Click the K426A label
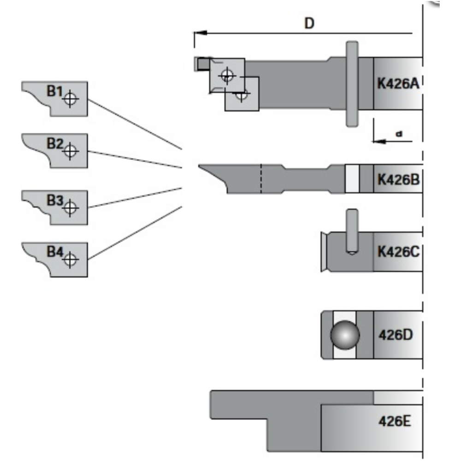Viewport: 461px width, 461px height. click(x=398, y=84)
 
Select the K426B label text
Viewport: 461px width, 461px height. click(x=398, y=179)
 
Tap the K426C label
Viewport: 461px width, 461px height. click(x=398, y=252)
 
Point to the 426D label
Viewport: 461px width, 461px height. click(x=397, y=335)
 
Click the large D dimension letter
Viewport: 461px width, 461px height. click(x=309, y=24)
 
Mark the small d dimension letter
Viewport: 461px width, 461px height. click(x=399, y=134)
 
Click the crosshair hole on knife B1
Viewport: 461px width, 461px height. click(x=70, y=99)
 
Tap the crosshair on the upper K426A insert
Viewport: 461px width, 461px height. click(x=227, y=75)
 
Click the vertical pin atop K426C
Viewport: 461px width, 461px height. click(x=352, y=230)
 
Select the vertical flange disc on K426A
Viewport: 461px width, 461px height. click(x=352, y=84)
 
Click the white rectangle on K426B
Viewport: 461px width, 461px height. click(x=352, y=179)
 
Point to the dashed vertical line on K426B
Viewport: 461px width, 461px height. click(x=261, y=179)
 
